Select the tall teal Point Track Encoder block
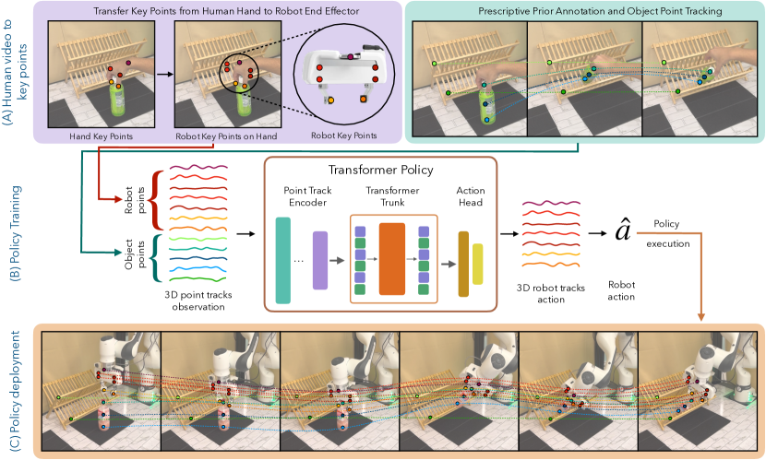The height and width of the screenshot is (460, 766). click(282, 260)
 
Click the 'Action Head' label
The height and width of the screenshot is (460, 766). click(471, 196)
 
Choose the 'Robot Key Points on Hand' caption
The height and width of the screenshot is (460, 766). click(221, 136)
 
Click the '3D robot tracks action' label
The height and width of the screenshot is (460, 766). click(551, 291)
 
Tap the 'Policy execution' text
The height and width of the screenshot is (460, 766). click(666, 233)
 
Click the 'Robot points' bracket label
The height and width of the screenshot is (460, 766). click(126, 199)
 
